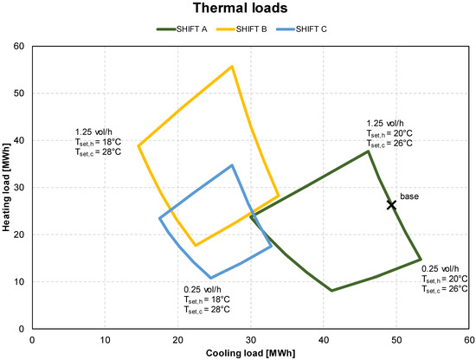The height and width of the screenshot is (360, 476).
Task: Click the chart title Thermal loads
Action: click(237, 10)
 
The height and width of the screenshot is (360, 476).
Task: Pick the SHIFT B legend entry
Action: click(248, 29)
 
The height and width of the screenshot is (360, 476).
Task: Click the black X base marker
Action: click(391, 205)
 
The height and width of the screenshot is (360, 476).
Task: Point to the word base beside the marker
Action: click(408, 197)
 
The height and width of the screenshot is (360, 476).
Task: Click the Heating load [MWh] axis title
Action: click(8, 187)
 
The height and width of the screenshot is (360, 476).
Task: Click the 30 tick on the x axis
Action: click(251, 338)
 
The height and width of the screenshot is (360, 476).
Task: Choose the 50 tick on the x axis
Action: click(396, 338)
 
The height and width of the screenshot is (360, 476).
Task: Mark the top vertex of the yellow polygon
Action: click(232, 67)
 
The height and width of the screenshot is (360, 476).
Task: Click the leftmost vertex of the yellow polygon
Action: click(138, 145)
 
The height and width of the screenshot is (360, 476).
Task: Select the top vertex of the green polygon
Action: click(369, 151)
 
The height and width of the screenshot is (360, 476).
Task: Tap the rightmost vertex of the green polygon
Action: click(421, 260)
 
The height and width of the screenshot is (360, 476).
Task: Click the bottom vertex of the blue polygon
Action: click(210, 278)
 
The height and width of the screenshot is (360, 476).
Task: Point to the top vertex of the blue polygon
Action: click(232, 165)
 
